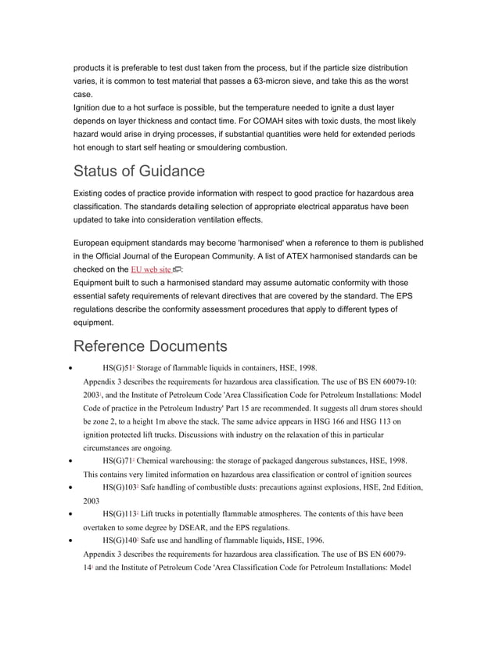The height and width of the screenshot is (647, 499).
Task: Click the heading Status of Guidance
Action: point(138,171)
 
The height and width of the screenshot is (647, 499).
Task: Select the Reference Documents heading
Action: point(149,346)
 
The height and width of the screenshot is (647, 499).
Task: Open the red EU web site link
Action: point(150,269)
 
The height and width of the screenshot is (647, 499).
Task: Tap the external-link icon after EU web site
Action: point(177,269)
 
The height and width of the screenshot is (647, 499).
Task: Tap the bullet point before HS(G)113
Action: point(71,515)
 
